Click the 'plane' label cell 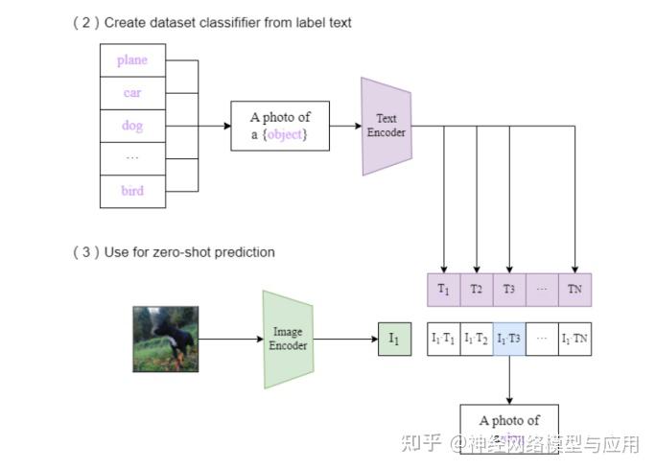pyautogui.click(x=132, y=60)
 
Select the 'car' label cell pyautogui.click(x=132, y=93)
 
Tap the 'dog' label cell pyautogui.click(x=132, y=126)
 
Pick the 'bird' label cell pyautogui.click(x=132, y=191)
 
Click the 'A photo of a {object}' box pyautogui.click(x=280, y=126)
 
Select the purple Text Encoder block pyautogui.click(x=387, y=126)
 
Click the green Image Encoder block pyautogui.click(x=288, y=340)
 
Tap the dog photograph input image pyautogui.click(x=166, y=340)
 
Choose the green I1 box pyautogui.click(x=393, y=340)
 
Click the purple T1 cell pyautogui.click(x=443, y=289)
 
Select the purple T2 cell pyautogui.click(x=477, y=289)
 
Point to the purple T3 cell pyautogui.click(x=509, y=289)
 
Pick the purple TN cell pyautogui.click(x=574, y=289)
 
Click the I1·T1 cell pyautogui.click(x=443, y=340)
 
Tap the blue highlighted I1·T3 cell pyautogui.click(x=509, y=340)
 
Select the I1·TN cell pyautogui.click(x=574, y=340)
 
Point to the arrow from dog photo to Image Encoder pyautogui.click(x=230, y=340)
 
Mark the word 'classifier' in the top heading pyautogui.click(x=231, y=22)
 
